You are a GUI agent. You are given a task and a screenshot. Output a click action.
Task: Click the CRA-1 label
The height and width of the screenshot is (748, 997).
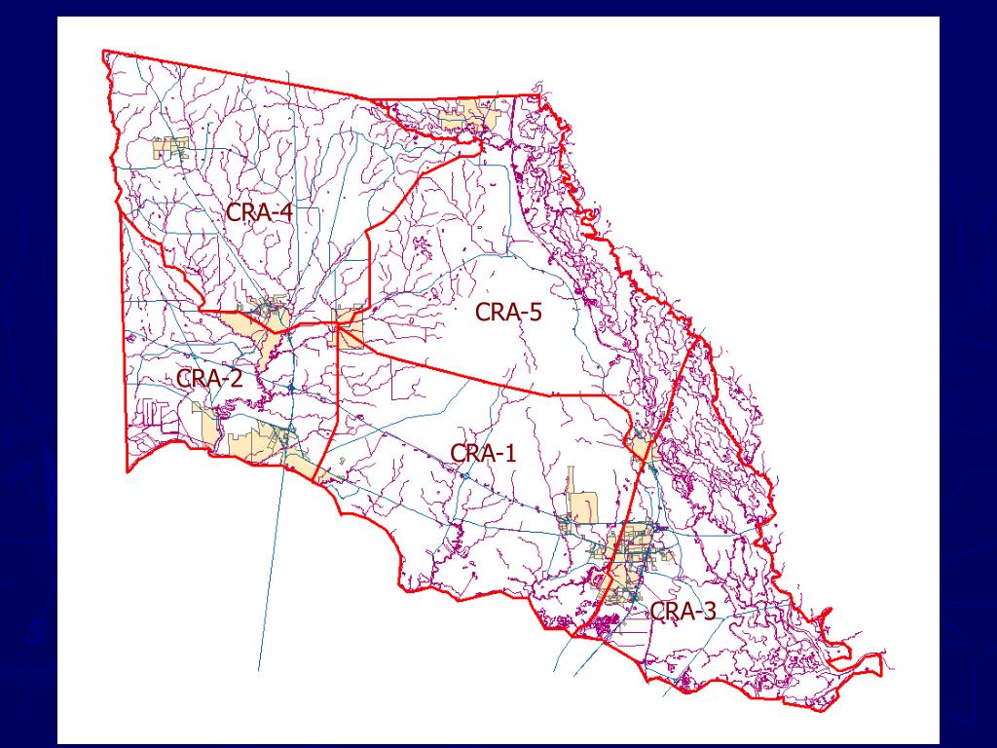tap(484, 453)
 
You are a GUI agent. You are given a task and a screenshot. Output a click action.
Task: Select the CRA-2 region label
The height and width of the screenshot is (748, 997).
tap(209, 378)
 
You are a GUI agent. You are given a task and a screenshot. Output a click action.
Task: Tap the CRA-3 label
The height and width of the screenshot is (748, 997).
tap(683, 612)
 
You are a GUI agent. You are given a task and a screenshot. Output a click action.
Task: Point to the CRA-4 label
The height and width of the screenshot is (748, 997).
tap(260, 211)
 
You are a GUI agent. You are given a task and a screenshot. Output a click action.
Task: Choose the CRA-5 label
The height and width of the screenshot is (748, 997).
tap(508, 313)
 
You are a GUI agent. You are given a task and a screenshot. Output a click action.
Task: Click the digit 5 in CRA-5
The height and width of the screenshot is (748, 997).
tap(535, 313)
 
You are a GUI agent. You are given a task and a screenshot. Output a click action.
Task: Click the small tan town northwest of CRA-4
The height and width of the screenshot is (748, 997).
tap(169, 150)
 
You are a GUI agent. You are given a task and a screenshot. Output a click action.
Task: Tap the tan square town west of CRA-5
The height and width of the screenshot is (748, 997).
tap(349, 328)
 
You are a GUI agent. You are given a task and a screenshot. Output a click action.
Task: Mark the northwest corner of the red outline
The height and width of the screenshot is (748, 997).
tap(103, 51)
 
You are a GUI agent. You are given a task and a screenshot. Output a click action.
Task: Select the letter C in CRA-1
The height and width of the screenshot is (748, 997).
tap(458, 453)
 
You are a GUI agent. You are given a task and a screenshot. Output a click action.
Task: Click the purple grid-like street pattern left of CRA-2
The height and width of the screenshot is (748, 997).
tap(151, 413)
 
